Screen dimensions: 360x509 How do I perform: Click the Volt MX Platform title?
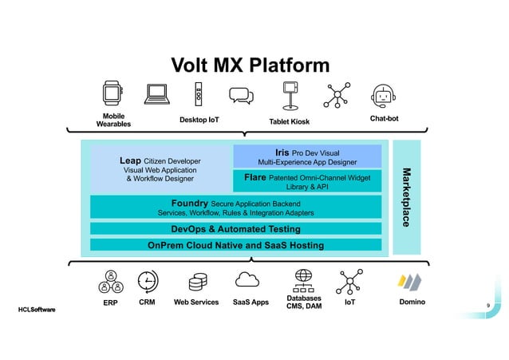tap(251, 65)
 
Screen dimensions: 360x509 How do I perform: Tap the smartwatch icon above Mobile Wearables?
tap(113, 94)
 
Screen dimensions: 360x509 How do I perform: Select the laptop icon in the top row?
tap(156, 95)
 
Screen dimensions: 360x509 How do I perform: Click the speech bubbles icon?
tap(241, 96)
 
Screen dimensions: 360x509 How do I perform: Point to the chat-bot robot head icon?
tap(384, 96)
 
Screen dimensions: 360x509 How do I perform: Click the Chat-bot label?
tap(384, 118)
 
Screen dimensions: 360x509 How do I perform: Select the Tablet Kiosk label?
tap(289, 121)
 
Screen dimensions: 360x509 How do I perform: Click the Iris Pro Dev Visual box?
tap(307, 156)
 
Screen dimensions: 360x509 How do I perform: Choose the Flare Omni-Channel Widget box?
tap(307, 181)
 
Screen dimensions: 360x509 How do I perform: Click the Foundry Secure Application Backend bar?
tap(235, 208)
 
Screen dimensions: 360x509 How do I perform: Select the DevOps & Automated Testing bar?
tap(235, 229)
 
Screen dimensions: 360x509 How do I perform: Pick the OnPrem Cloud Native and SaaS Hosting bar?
tap(235, 245)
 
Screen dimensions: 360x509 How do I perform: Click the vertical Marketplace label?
tap(406, 196)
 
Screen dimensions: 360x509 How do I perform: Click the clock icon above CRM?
tap(148, 281)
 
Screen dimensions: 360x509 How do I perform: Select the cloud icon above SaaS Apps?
tap(249, 279)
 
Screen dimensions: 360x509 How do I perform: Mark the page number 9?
tap(487, 305)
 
